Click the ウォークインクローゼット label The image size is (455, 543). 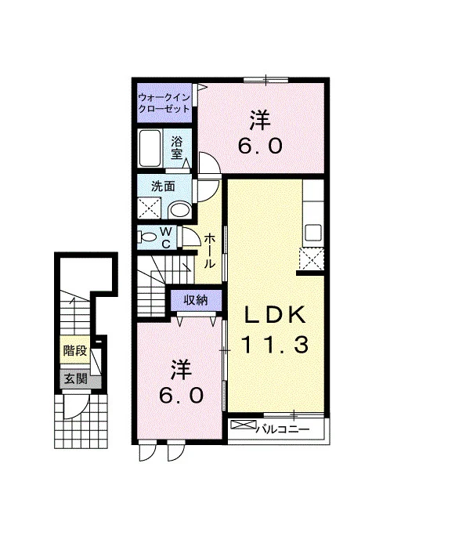(x=164, y=103)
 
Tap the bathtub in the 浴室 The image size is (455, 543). (x=150, y=148)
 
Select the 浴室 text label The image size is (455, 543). (x=176, y=147)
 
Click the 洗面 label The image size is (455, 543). (x=163, y=186)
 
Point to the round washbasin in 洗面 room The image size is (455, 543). (x=179, y=210)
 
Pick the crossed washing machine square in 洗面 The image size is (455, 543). (x=150, y=208)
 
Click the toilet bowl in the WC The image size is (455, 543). (x=146, y=237)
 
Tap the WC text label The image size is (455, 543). (x=167, y=237)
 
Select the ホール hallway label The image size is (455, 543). (x=208, y=251)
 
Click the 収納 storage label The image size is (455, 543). (x=196, y=300)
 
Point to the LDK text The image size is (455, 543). (x=275, y=314)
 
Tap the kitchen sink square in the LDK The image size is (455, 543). (x=313, y=233)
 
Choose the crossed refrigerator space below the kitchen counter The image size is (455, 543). (x=312, y=259)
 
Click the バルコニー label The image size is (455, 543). (x=283, y=429)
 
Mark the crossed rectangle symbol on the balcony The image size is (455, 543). (x=244, y=425)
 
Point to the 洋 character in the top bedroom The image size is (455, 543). (x=260, y=120)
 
